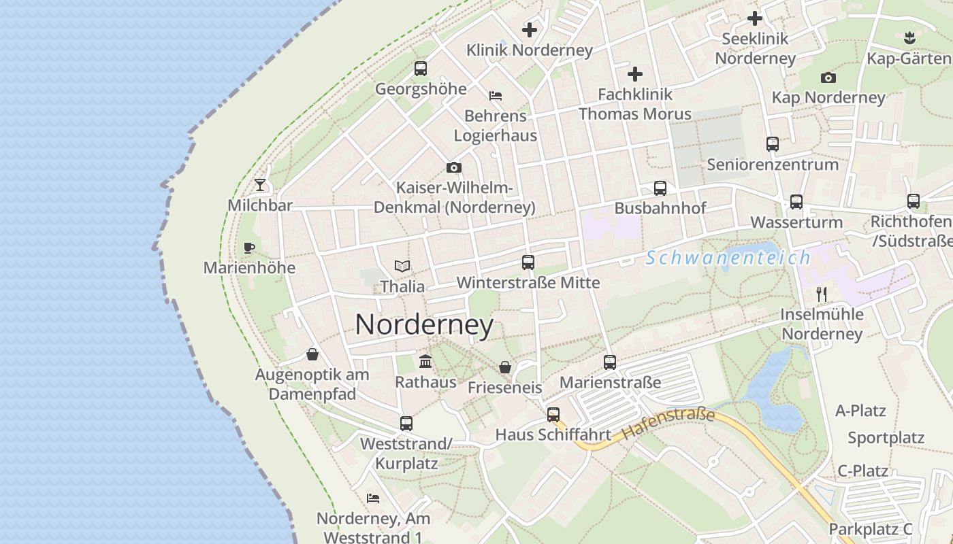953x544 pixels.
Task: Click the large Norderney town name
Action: (x=424, y=325)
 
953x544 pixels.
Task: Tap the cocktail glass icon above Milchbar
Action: (x=260, y=184)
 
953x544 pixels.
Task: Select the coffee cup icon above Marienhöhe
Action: (x=248, y=248)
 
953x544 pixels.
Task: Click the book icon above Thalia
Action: (x=402, y=267)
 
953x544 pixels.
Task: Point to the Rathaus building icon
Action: (x=426, y=361)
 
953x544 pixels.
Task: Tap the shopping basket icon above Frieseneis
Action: (x=505, y=367)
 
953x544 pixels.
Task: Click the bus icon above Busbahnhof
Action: (x=660, y=188)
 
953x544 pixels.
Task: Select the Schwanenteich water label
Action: (x=728, y=258)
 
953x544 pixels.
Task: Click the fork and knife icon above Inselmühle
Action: (x=822, y=294)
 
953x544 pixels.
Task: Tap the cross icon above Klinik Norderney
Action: (x=530, y=30)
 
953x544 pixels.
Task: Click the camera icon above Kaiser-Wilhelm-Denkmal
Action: (x=454, y=167)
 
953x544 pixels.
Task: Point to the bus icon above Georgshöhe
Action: (x=421, y=69)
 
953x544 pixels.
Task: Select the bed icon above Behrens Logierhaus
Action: (x=496, y=96)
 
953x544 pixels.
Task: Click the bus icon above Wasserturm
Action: (x=796, y=202)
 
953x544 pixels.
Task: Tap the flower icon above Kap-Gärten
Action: (x=909, y=37)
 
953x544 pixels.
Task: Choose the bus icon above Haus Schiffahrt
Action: (x=553, y=414)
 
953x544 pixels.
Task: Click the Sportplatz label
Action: (x=886, y=437)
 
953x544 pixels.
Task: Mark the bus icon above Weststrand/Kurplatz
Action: (x=406, y=424)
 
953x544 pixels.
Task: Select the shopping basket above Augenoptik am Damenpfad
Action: (x=312, y=354)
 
